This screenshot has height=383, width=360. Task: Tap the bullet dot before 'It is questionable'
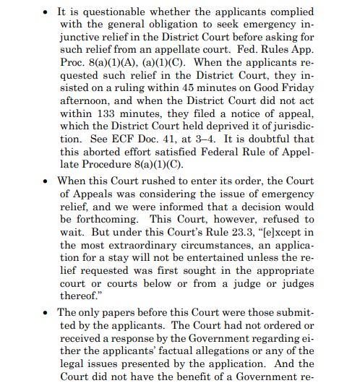[x=46, y=13]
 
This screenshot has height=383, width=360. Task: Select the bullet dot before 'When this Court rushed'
[x=46, y=179]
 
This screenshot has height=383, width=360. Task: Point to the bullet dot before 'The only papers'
[x=46, y=313]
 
